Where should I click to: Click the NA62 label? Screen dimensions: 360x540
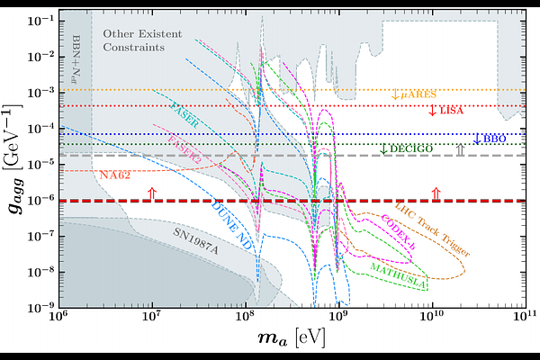[116, 174]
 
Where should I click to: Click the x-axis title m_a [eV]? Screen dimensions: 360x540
[292, 340]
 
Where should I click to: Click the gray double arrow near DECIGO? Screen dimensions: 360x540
[460, 151]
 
